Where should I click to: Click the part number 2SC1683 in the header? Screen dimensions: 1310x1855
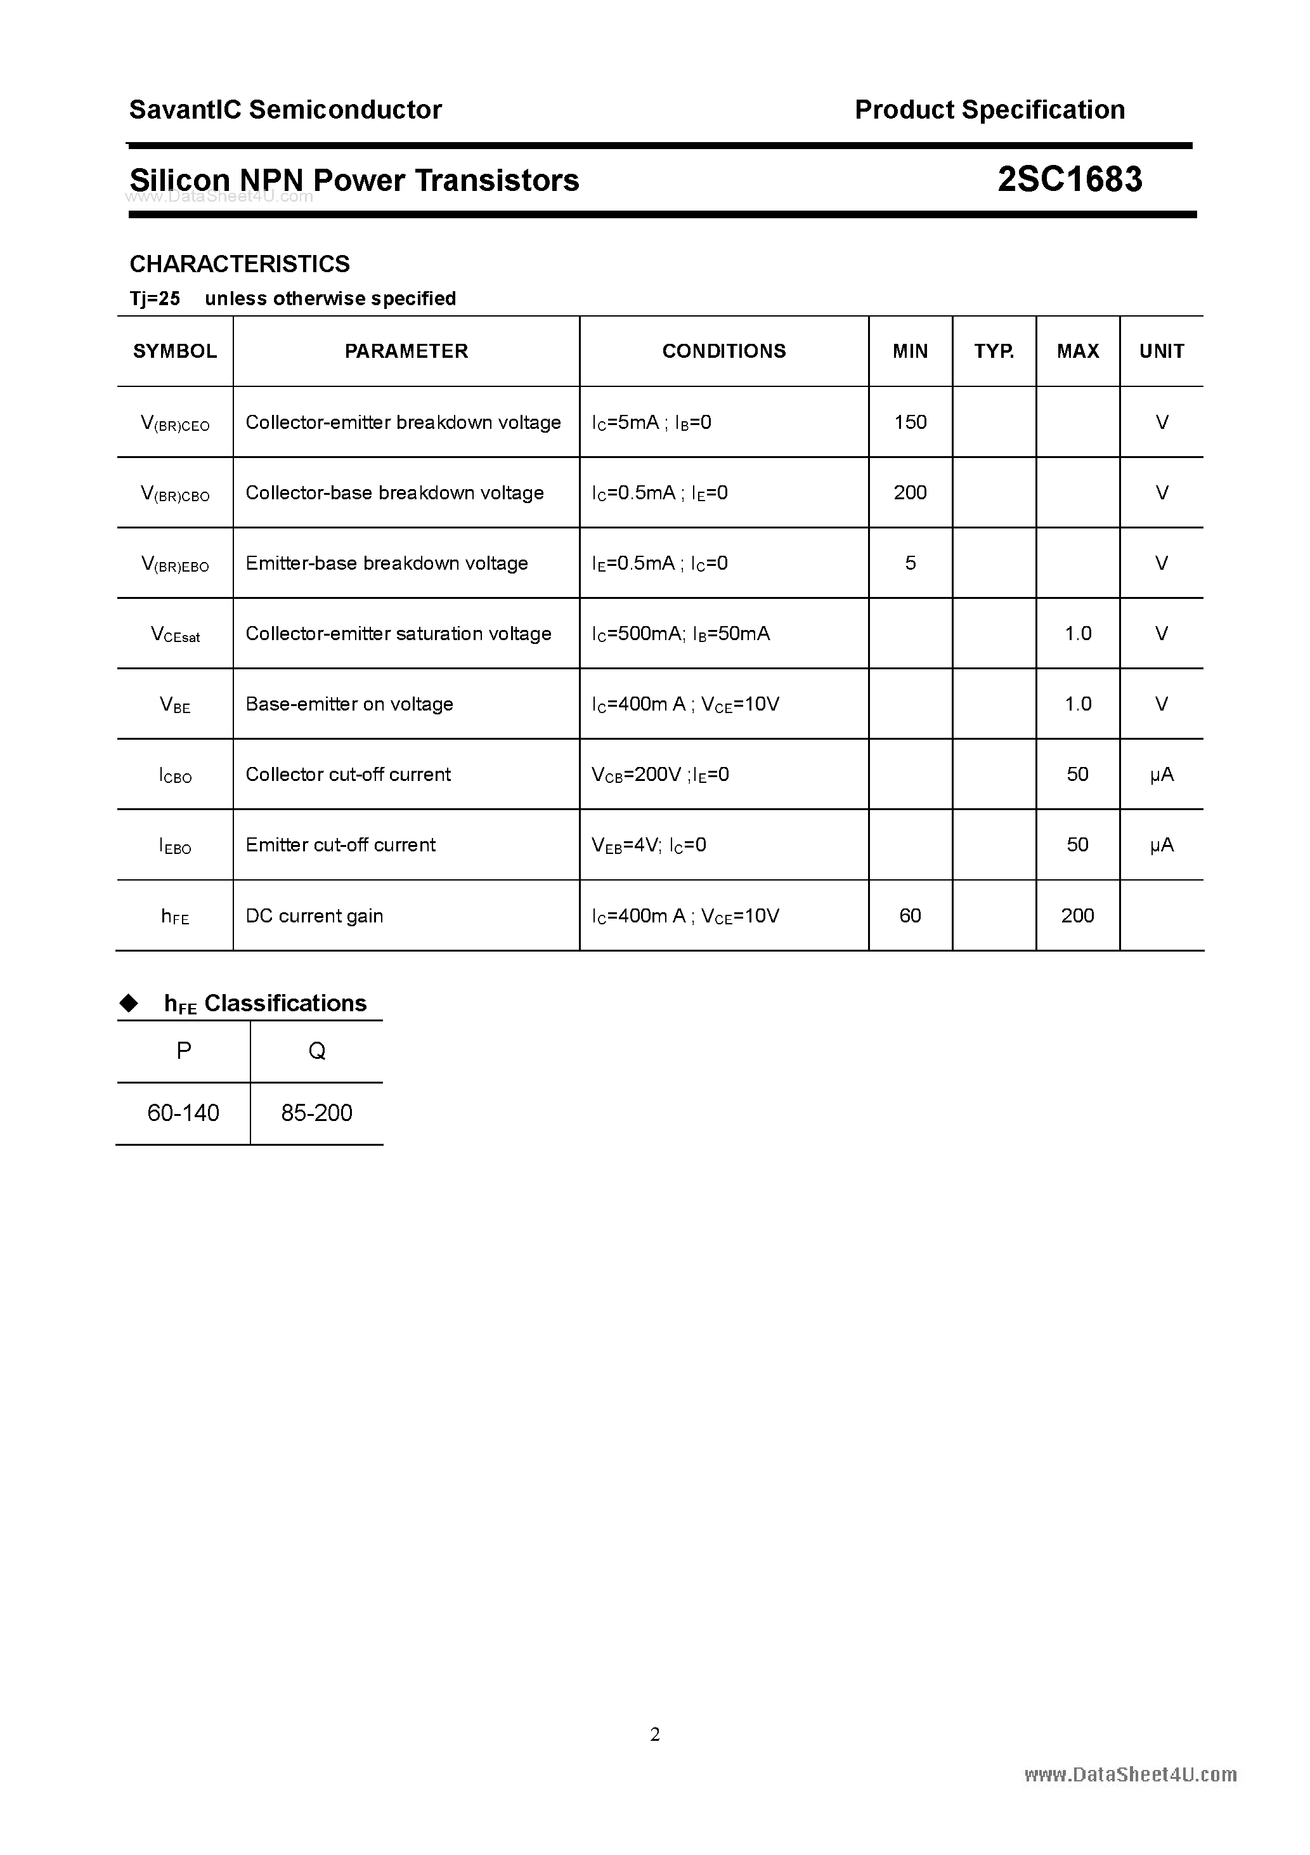tap(1069, 180)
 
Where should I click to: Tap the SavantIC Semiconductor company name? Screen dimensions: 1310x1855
tap(285, 109)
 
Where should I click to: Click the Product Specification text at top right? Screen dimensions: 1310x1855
tap(989, 109)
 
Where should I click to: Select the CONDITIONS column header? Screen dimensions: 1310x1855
tap(723, 351)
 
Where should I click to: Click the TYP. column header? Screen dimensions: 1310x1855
tap(994, 351)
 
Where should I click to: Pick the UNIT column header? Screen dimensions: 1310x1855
tap(1162, 351)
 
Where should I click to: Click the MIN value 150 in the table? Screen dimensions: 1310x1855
tap(911, 422)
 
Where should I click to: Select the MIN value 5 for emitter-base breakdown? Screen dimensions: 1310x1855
tap(911, 563)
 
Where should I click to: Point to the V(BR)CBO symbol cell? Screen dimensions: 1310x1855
tap(175, 493)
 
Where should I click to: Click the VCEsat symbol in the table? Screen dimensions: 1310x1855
tap(175, 634)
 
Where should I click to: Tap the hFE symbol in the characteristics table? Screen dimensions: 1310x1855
tap(175, 916)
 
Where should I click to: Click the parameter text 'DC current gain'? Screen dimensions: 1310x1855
tap(314, 915)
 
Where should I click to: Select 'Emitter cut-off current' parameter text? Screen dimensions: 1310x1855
tap(340, 845)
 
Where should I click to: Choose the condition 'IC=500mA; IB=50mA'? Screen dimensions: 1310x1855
tap(681, 634)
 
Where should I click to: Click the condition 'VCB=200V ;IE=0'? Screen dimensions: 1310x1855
tap(660, 775)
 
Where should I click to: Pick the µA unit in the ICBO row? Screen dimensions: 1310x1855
tap(1162, 775)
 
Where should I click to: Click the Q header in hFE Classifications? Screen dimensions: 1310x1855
tap(316, 1051)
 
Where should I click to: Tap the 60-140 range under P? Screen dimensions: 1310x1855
tap(183, 1113)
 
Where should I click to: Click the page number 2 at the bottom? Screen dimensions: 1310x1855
tap(655, 1734)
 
